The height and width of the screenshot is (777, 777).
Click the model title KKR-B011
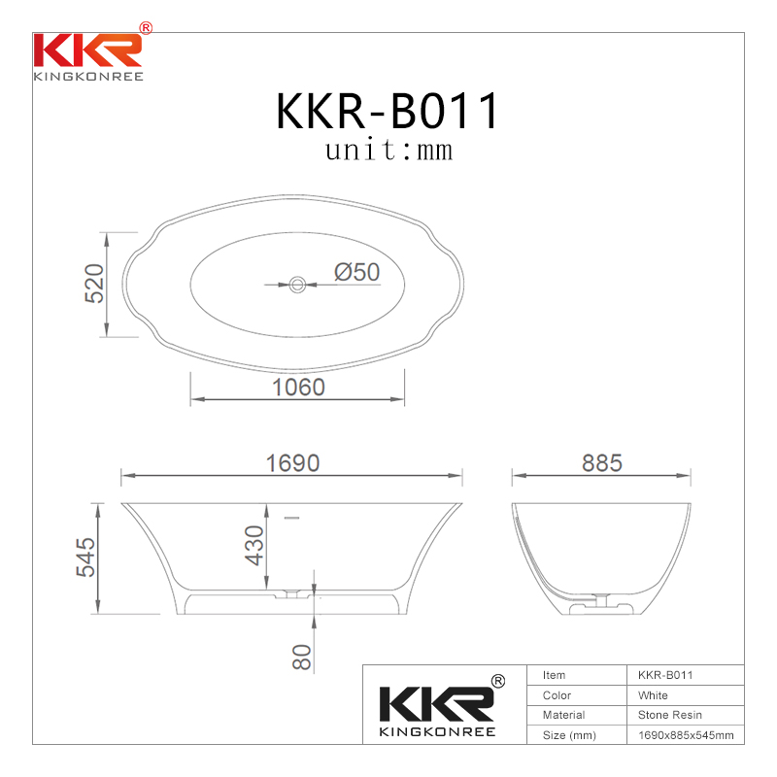388,112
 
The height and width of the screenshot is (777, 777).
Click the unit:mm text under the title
388,152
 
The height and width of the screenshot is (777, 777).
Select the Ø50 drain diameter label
356,273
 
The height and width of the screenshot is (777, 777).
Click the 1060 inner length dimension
297,387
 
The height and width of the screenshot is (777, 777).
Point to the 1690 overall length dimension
292,463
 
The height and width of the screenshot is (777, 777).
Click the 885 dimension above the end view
601,463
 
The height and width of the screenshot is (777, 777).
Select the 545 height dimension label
86,558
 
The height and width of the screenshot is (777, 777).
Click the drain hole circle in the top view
297,285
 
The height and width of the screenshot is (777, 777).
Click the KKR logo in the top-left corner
88,53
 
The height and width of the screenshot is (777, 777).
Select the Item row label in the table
554,675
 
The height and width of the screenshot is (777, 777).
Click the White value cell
653,695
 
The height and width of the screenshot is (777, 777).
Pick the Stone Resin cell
669,715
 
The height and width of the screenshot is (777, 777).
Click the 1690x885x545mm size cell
685,735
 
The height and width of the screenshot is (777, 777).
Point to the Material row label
563,715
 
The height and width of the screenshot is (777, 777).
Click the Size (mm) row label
568,735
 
